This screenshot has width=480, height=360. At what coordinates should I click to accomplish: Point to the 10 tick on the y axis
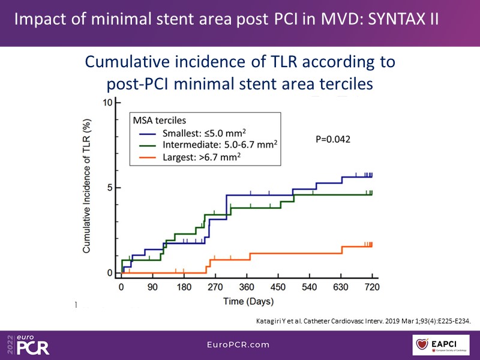(x=109, y=103)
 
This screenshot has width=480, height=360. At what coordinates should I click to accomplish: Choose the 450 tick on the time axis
(x=278, y=286)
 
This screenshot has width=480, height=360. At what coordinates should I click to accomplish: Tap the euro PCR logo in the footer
(x=28, y=344)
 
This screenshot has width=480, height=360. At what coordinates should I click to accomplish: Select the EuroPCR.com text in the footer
(x=239, y=345)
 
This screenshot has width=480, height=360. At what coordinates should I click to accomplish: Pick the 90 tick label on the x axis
(x=152, y=286)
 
